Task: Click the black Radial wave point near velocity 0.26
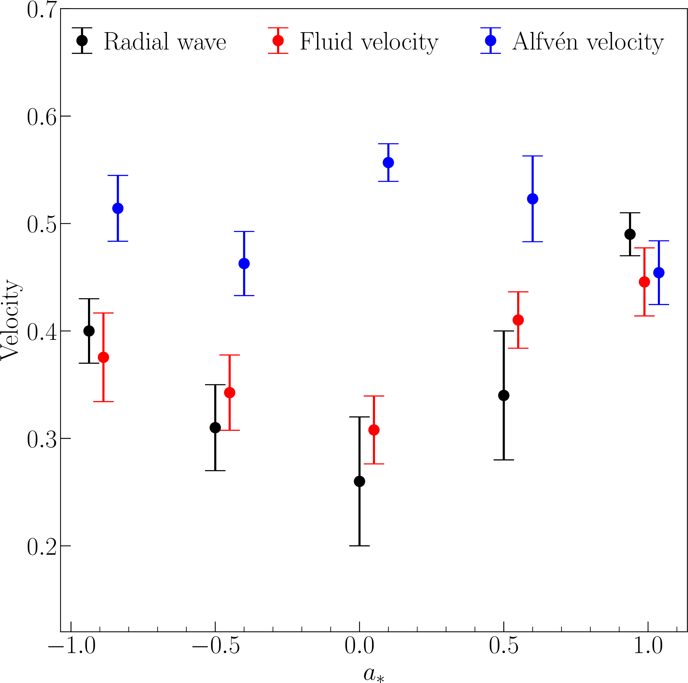tap(359, 481)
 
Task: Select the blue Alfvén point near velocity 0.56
tap(388, 162)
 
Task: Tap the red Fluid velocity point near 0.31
tap(374, 430)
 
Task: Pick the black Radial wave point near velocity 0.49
tap(630, 234)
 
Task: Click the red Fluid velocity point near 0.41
tap(518, 320)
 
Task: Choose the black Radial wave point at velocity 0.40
tap(89, 331)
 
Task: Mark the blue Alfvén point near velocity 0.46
tap(244, 264)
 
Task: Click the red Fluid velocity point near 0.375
tap(103, 357)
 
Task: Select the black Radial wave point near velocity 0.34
tap(504, 396)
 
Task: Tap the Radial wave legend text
tap(165, 42)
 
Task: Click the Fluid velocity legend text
tap(369, 42)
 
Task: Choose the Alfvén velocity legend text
tap(588, 42)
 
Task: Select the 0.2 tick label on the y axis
tap(42, 546)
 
